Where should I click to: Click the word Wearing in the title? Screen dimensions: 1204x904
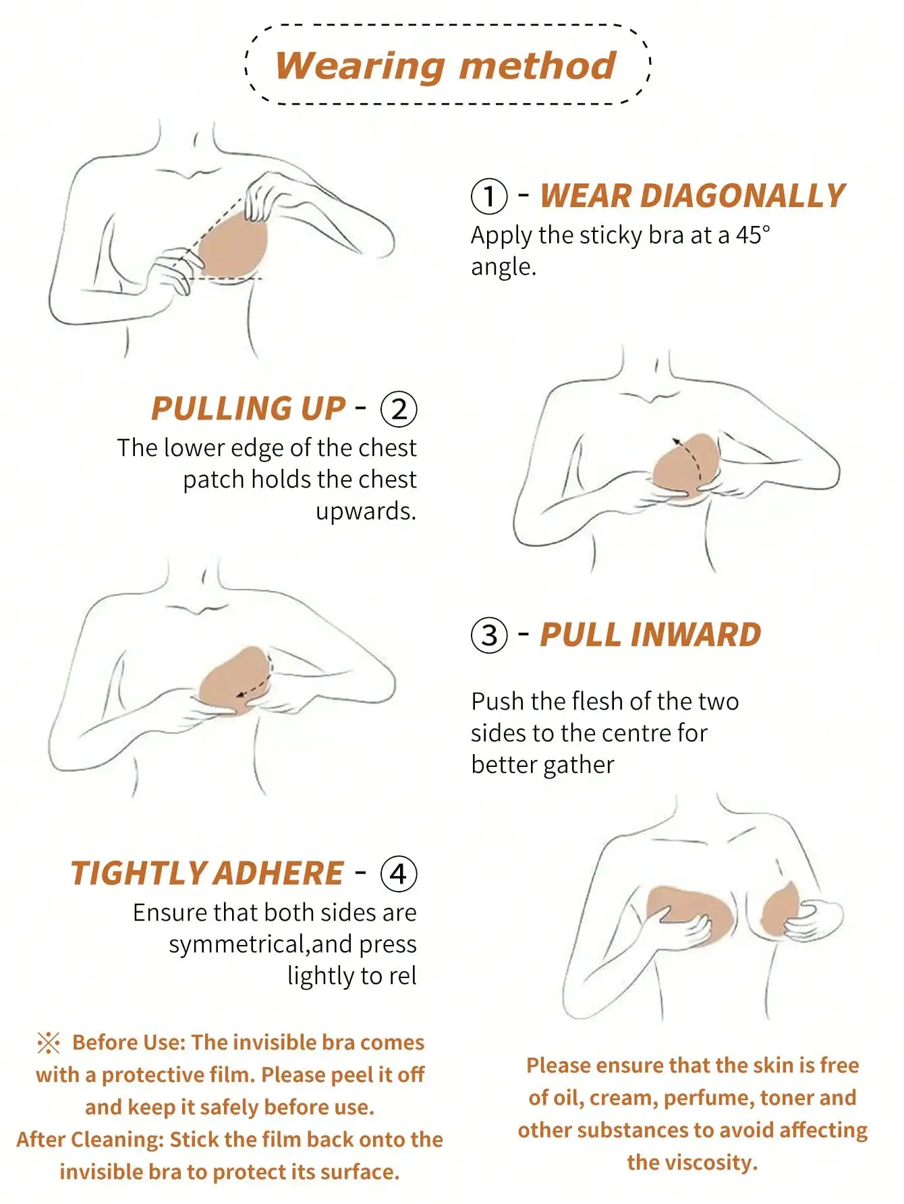click(x=360, y=67)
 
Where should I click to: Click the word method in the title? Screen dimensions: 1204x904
click(x=537, y=67)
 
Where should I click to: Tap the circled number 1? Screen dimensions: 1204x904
click(x=488, y=196)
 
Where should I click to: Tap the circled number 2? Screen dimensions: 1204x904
click(x=399, y=409)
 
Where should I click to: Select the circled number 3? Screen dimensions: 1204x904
click(x=488, y=635)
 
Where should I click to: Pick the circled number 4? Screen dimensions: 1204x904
click(x=399, y=874)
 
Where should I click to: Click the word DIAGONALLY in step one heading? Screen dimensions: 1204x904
click(x=742, y=196)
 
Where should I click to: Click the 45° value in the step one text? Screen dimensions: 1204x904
click(x=752, y=235)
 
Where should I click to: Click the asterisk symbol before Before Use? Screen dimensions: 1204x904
click(x=49, y=1043)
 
